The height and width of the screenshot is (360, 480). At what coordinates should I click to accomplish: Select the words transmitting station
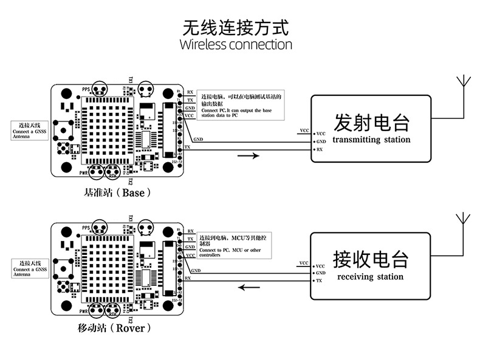pyautogui.click(x=371, y=140)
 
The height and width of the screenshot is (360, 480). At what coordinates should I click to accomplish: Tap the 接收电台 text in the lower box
pyautogui.click(x=370, y=260)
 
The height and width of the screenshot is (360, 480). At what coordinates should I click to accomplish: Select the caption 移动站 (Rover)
pyautogui.click(x=115, y=328)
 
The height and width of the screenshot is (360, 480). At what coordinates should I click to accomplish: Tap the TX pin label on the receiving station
pyautogui.click(x=319, y=281)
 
